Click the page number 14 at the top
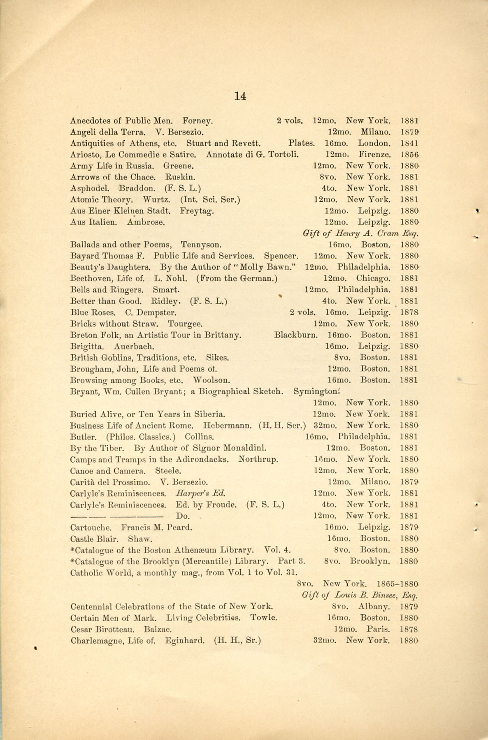240,96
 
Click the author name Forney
198,121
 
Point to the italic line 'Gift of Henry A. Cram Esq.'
360,233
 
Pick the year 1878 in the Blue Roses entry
409,312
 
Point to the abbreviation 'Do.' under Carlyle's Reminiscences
182,516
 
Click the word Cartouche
91,527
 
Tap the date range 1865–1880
398,584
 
